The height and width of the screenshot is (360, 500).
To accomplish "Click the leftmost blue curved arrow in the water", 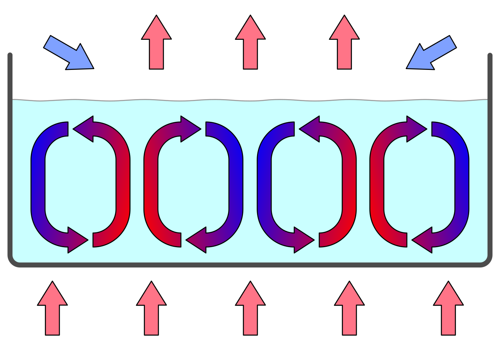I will pos(38,184).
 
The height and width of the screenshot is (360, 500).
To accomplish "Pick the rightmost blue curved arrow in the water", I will pos(462,184).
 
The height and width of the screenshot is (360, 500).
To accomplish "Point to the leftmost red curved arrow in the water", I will pos(123,184).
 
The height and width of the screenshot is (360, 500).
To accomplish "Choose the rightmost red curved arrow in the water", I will pos(377,184).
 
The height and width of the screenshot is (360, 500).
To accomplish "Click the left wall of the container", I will pos(10,156).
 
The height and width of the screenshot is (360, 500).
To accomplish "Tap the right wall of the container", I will pos(490,156).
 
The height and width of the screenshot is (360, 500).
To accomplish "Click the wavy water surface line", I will pos(250,100).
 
